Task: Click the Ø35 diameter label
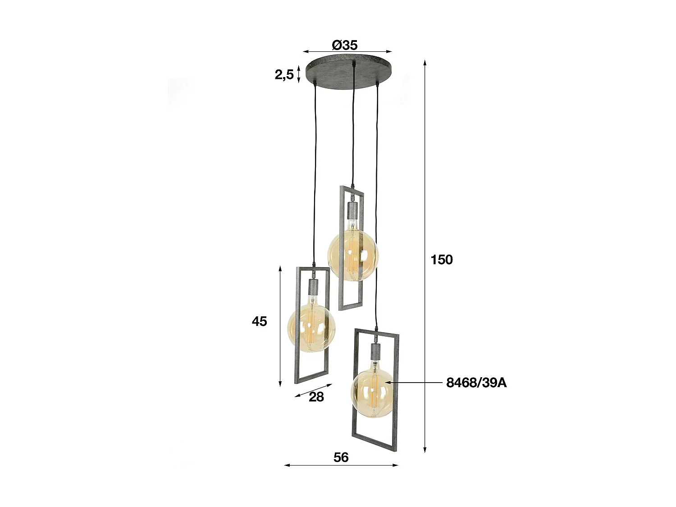(345, 45)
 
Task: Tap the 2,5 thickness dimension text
(284, 74)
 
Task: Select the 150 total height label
(442, 260)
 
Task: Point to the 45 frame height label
(260, 321)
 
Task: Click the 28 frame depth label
(316, 397)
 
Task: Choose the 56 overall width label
(341, 457)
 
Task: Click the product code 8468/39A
(476, 383)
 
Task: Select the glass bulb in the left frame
(311, 328)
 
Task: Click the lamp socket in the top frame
(352, 210)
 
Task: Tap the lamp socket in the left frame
(312, 286)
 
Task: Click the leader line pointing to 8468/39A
(415, 383)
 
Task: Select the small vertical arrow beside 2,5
(298, 74)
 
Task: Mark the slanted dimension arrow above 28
(313, 390)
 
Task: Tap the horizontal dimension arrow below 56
(341, 465)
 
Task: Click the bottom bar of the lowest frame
(375, 445)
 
